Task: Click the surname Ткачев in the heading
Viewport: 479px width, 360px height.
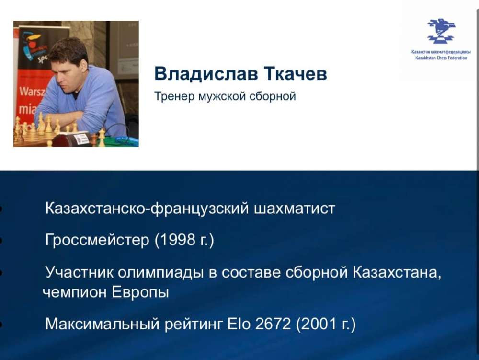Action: click(296, 74)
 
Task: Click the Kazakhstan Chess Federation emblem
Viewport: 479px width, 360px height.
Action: click(441, 31)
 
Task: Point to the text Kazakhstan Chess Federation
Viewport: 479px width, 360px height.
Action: click(441, 58)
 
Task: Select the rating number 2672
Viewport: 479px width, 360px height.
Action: click(273, 324)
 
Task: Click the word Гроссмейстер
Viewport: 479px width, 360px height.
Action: click(97, 240)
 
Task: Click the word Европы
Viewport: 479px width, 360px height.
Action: click(140, 292)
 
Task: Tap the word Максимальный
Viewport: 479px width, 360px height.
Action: click(103, 324)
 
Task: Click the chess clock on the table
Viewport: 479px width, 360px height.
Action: click(71, 139)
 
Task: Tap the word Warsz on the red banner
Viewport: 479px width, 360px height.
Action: click(31, 92)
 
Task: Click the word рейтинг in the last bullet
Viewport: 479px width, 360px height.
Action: click(194, 325)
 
